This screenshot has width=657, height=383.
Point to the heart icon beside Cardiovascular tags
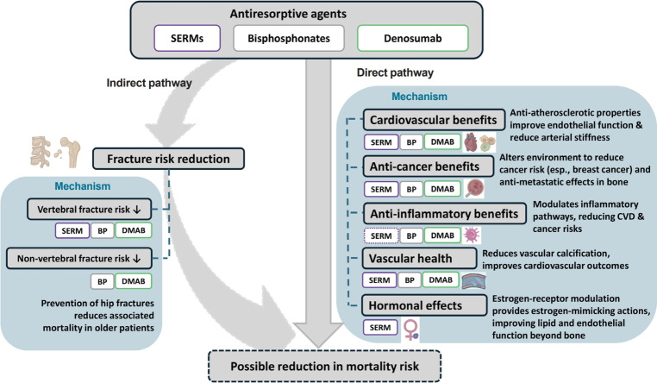474,142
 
